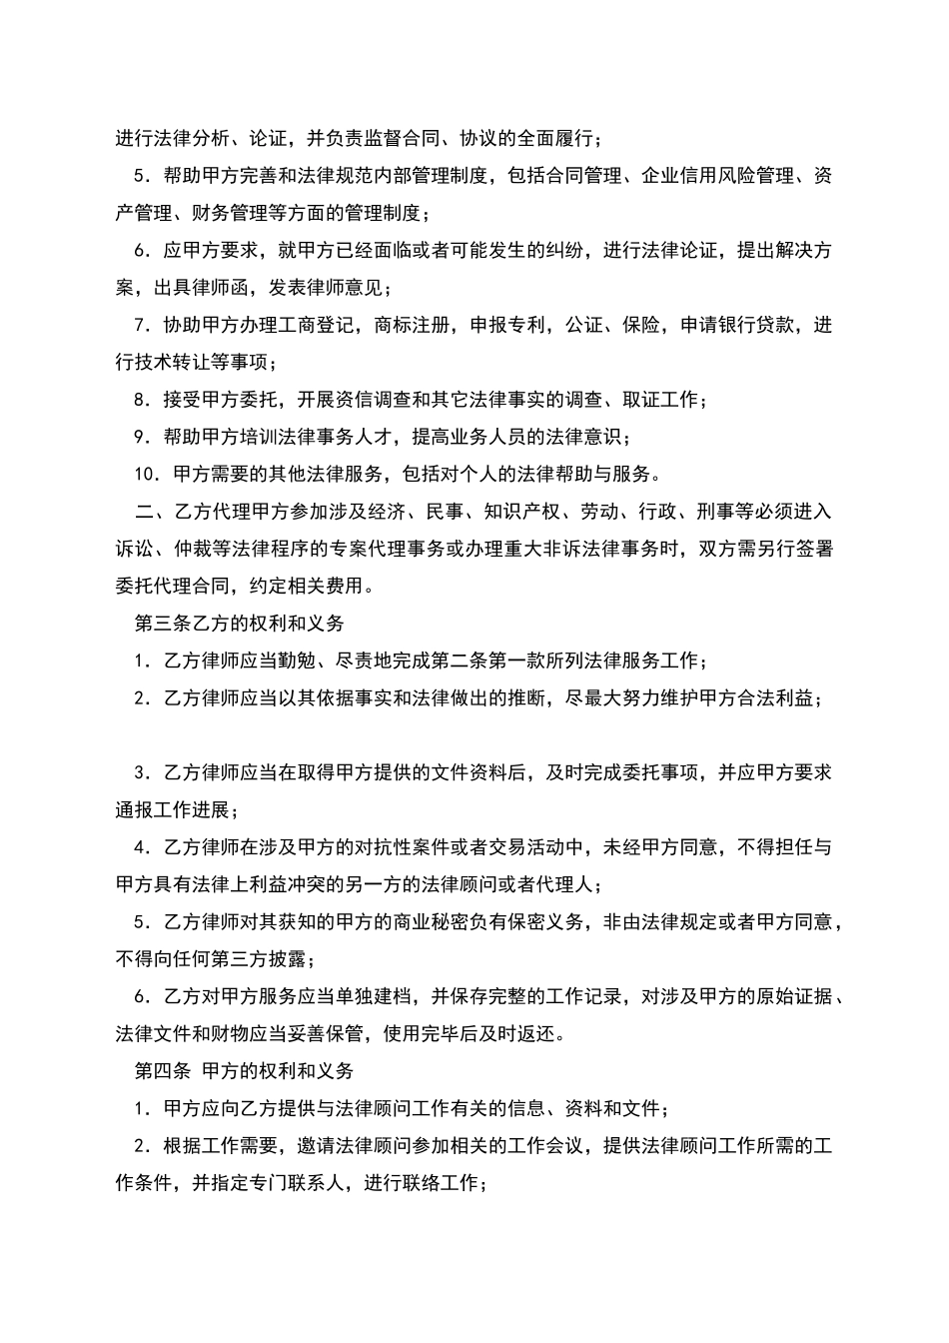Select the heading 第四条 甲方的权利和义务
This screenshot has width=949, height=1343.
pyautogui.click(x=244, y=1070)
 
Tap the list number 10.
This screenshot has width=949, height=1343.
pyautogui.click(x=145, y=473)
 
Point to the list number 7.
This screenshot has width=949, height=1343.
pyautogui.click(x=140, y=325)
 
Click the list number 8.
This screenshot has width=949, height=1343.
pyautogui.click(x=140, y=400)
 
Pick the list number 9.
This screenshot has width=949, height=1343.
pyautogui.click(x=140, y=437)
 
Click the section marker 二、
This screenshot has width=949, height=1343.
pyautogui.click(x=147, y=512)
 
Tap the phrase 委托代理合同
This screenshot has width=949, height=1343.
pyautogui.click(x=172, y=586)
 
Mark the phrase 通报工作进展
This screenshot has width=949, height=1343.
pyautogui.click(x=172, y=809)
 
